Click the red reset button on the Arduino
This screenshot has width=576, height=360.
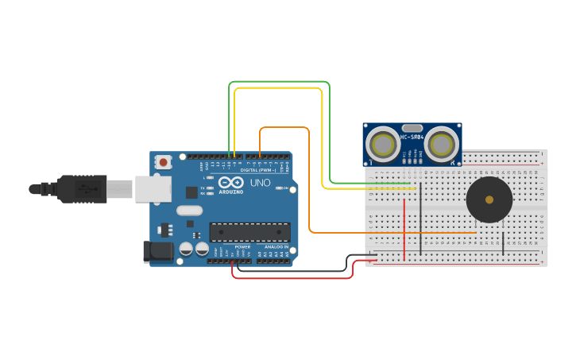click(x=164, y=161)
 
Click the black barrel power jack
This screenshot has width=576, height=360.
click(x=158, y=252)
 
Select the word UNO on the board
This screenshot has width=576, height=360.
click(x=261, y=183)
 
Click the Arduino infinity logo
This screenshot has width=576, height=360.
click(x=231, y=183)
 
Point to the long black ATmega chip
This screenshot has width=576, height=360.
click(x=249, y=231)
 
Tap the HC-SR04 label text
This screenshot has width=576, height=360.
click(x=412, y=137)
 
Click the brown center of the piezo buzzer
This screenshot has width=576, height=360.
click(x=489, y=199)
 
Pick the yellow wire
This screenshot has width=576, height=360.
click(x=278, y=89)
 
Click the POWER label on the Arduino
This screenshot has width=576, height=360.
click(x=242, y=247)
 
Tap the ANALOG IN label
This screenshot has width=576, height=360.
click(x=276, y=247)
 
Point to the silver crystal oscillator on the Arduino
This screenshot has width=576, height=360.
click(x=190, y=211)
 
